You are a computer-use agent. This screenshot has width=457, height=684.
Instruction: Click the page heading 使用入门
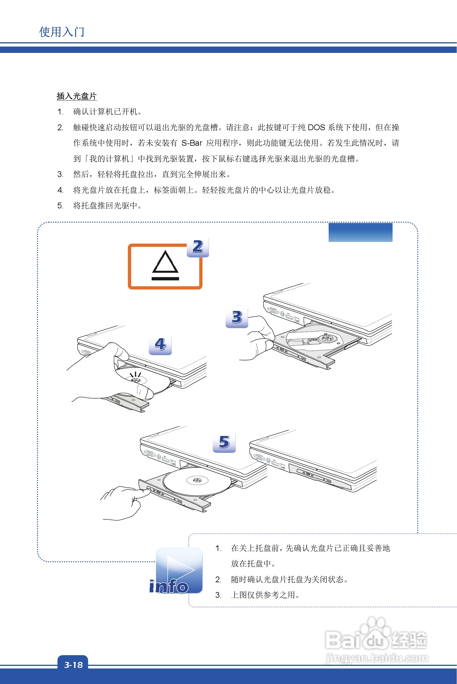click(x=62, y=32)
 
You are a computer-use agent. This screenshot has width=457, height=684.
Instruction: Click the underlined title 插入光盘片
click(x=77, y=96)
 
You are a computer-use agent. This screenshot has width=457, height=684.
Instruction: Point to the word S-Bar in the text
click(x=192, y=143)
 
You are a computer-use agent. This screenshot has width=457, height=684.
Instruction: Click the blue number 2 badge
click(x=198, y=247)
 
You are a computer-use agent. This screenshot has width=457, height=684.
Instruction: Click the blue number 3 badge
click(x=237, y=317)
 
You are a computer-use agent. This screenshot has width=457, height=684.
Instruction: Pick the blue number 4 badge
click(x=160, y=344)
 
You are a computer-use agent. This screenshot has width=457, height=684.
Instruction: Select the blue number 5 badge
click(x=224, y=442)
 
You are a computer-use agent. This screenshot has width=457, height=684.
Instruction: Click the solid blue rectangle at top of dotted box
click(x=360, y=232)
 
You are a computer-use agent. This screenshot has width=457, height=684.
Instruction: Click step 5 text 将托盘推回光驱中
click(x=107, y=205)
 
